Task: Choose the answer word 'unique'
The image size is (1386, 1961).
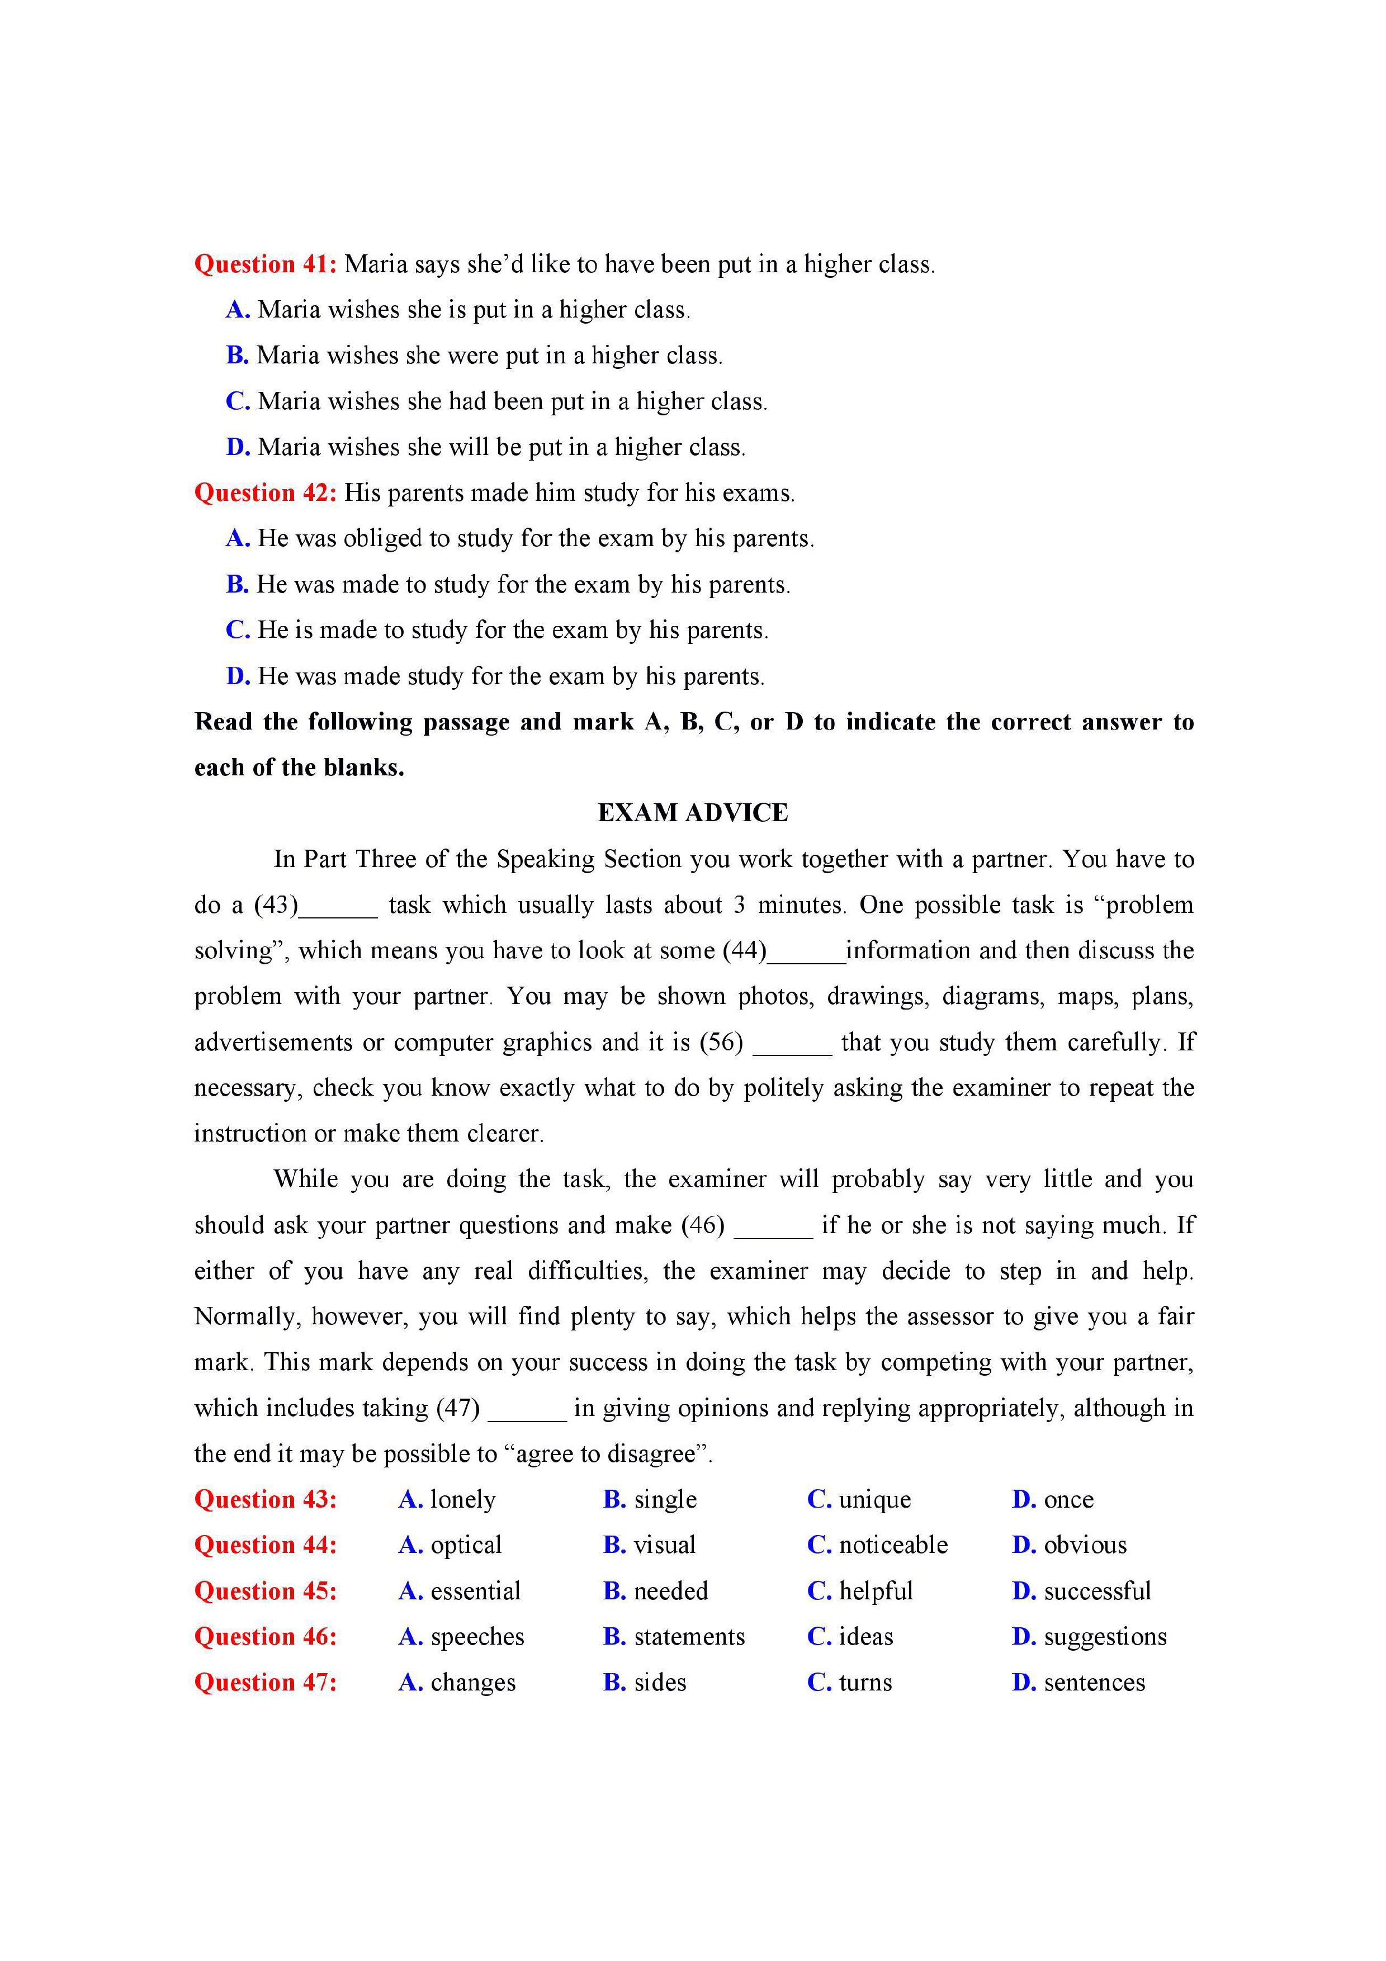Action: [874, 1500]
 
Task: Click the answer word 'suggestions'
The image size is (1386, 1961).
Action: [1104, 1637]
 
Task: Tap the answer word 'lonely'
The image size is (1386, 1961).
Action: [463, 1500]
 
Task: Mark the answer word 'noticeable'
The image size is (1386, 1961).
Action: [893, 1545]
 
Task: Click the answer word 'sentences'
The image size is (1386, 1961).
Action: [1094, 1683]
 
